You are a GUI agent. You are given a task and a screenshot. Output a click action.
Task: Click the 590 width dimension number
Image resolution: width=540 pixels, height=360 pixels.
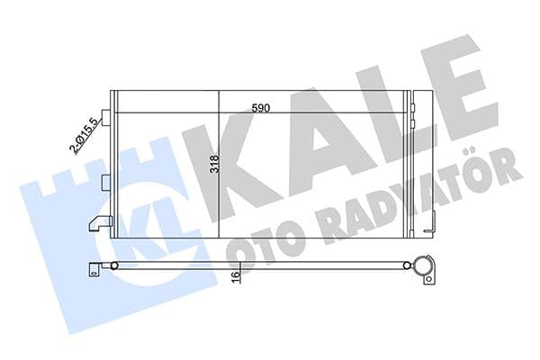click(261, 108)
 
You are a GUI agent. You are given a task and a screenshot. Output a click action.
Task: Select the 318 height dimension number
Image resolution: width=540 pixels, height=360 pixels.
click(213, 166)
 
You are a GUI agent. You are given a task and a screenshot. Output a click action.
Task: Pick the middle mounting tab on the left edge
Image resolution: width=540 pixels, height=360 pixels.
click(105, 181)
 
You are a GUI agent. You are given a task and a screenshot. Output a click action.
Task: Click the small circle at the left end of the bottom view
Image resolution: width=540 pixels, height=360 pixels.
click(114, 265)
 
